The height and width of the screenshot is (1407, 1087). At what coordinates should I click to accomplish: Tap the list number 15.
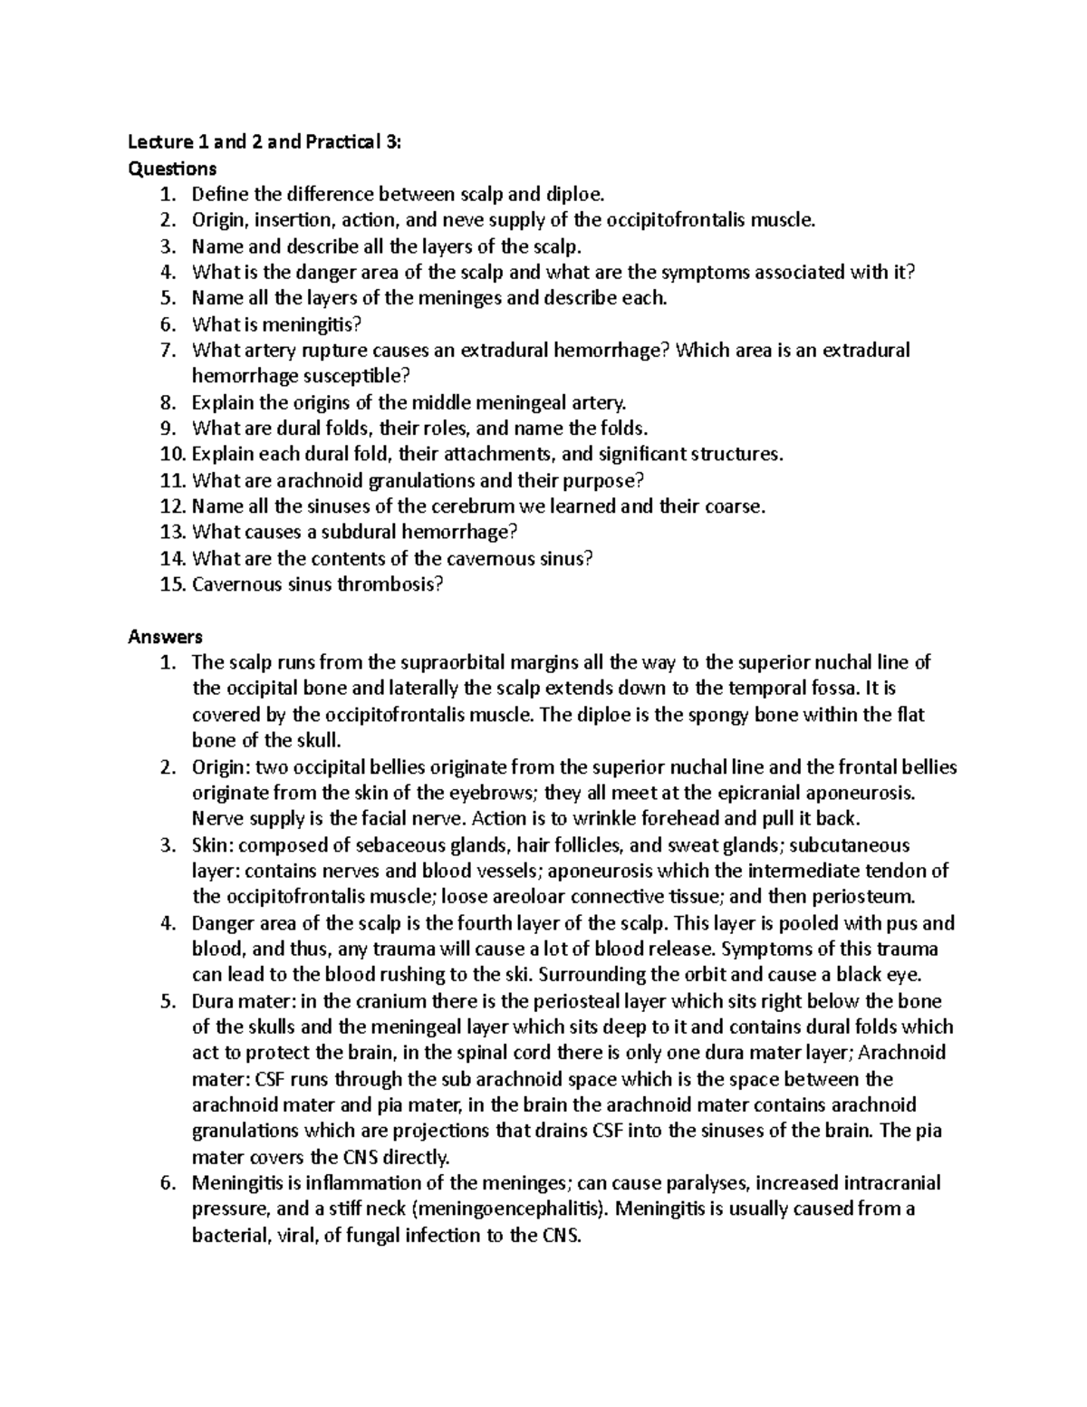click(171, 584)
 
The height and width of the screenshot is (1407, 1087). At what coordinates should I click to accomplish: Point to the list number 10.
click(171, 454)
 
